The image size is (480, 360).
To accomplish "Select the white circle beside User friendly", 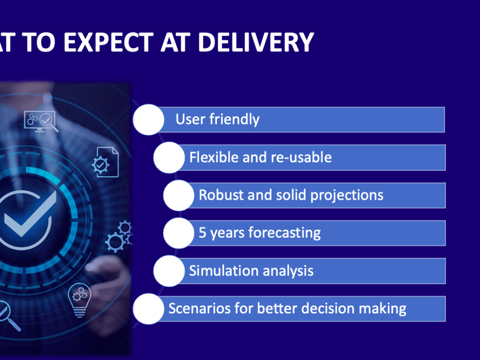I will pos(148,120).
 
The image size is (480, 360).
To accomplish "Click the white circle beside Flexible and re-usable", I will pos(169,157).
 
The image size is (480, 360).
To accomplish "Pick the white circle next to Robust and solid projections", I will pos(179,195).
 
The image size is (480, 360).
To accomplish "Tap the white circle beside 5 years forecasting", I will pos(179,233).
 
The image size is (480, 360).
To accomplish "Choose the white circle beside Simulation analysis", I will pos(169,271).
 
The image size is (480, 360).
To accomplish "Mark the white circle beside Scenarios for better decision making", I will pos(148,308).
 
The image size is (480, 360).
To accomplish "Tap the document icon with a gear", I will pos(105,162).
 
